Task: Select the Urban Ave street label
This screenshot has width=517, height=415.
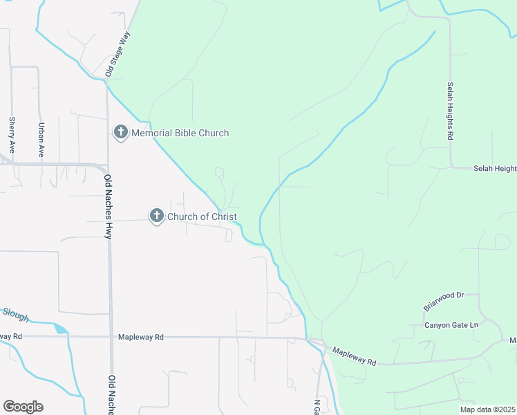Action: coord(41,139)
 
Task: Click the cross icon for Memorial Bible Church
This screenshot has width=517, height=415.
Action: coord(121,132)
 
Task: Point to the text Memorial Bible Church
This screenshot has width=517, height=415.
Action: coord(180,133)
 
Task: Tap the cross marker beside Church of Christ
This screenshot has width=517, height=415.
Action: coord(157,216)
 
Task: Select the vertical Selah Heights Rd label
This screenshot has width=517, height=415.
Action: coord(449,111)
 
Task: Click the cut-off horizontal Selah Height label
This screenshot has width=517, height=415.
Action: coord(494,168)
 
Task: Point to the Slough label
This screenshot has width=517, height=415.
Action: coord(15,315)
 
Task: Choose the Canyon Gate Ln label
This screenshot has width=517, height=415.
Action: coord(451,325)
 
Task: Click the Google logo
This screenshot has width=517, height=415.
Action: coord(23,407)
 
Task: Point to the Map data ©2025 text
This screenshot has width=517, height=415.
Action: coord(487,409)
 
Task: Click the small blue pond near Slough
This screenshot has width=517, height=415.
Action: coord(60,329)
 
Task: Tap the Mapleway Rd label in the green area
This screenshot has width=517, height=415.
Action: coord(353,356)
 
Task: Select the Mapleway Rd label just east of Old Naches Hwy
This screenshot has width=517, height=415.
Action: coord(140,337)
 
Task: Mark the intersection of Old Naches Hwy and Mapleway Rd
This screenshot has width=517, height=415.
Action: coord(111,337)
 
